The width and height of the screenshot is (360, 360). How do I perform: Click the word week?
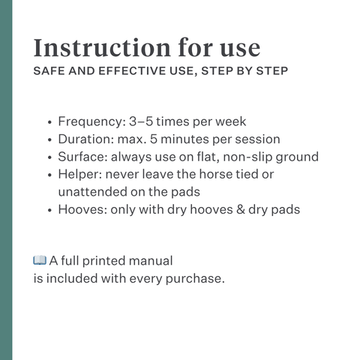point(228,121)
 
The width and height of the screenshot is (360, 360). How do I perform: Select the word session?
point(256,139)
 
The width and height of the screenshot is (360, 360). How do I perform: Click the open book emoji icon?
point(40,260)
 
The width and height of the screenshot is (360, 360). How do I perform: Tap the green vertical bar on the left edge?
point(6,180)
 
